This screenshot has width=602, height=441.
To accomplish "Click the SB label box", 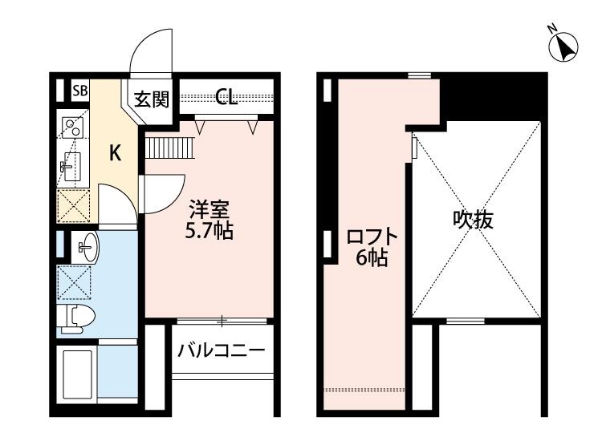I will point(81,91).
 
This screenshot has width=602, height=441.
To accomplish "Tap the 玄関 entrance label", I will point(151,99).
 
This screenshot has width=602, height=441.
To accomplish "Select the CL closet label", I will point(226,99).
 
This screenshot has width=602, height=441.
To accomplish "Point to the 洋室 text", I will point(209,211).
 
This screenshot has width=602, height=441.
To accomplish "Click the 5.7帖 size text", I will point(209,232).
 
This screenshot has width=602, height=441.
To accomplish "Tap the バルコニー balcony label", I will point(221,350).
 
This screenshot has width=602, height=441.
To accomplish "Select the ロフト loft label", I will point(372,237).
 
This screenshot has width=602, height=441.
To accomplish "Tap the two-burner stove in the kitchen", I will point(72,127).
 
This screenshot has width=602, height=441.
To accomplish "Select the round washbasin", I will point(85,245).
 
